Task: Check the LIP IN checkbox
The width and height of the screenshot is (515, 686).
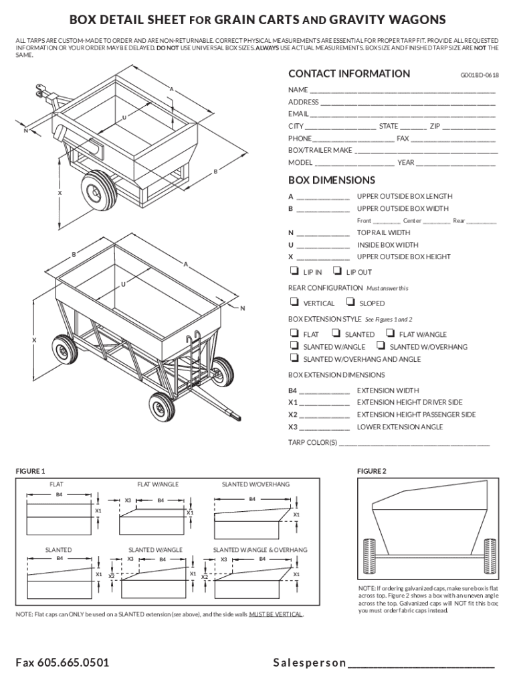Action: point(293,271)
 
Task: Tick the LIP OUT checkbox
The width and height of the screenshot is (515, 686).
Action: point(336,271)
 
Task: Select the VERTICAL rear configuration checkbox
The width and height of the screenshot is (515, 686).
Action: point(293,303)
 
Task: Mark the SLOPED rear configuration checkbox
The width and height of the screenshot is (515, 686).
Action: point(350,303)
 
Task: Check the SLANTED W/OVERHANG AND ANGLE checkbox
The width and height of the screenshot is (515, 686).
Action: point(293,358)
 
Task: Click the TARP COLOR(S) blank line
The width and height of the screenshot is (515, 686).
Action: point(415,444)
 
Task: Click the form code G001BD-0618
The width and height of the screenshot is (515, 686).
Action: point(480,76)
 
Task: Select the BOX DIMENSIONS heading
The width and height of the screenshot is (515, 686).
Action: point(331,180)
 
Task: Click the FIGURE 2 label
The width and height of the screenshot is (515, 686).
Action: point(371,471)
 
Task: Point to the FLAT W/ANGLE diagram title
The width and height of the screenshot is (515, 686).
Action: point(158,484)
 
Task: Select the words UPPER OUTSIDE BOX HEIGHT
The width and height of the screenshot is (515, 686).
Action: point(403,257)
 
